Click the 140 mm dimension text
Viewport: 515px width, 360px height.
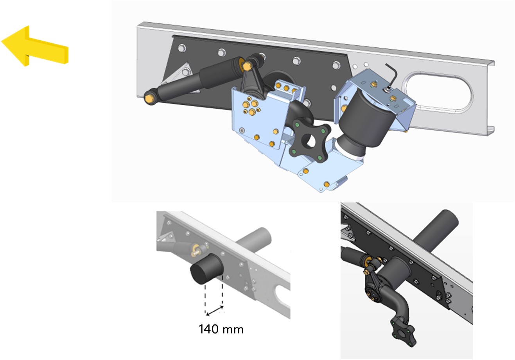click(221, 329)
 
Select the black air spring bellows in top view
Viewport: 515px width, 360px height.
click(364, 121)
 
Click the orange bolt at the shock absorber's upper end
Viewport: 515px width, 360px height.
click(247, 66)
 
